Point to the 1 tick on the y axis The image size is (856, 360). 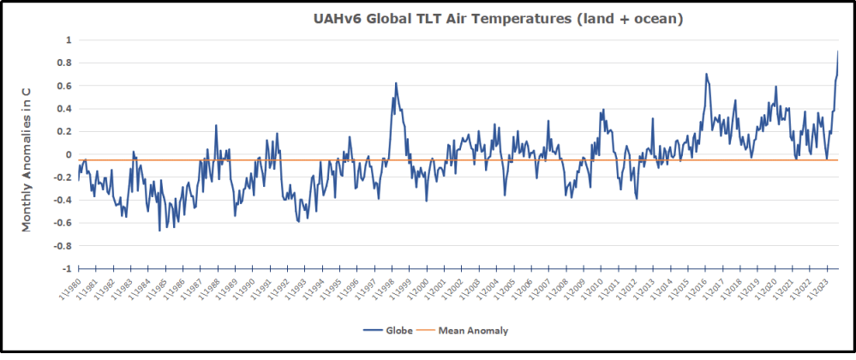[69, 40]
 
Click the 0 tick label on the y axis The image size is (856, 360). [69, 154]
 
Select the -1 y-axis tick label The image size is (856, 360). [67, 268]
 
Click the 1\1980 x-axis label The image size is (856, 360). [71, 289]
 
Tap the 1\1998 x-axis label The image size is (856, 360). [382, 289]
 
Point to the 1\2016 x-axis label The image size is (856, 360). [695, 289]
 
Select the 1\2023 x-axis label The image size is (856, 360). [817, 289]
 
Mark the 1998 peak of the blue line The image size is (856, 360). [396, 83]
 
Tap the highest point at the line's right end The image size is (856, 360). [838, 51]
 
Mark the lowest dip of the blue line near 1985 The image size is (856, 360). [159, 231]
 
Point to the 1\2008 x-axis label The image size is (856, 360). [556, 289]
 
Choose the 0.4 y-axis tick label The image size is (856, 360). [65, 109]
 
